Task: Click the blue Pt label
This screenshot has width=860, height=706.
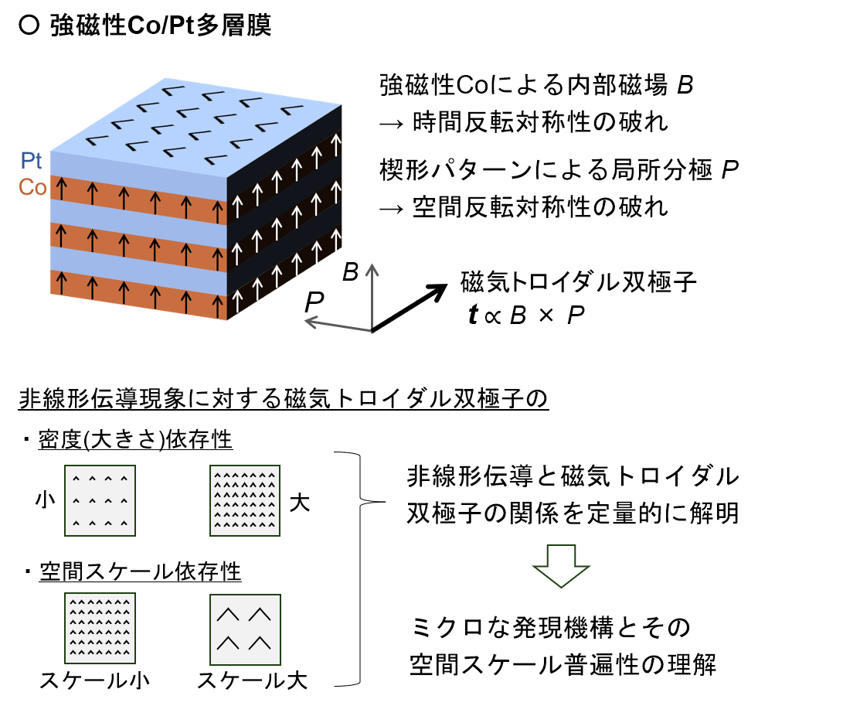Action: [32, 161]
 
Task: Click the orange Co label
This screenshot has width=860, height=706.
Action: [32, 187]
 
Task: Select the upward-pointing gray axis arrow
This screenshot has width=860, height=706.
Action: [372, 298]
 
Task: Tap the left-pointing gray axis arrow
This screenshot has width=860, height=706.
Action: [338, 325]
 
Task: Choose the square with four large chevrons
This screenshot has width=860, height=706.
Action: [245, 629]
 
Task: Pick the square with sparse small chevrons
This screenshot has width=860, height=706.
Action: [100, 500]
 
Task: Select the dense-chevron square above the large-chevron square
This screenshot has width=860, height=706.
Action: [245, 500]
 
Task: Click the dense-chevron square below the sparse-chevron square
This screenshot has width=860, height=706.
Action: [100, 628]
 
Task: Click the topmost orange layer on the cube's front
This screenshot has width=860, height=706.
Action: [139, 200]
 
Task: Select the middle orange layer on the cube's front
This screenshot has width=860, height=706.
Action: [139, 247]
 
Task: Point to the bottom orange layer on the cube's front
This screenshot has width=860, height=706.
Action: [139, 294]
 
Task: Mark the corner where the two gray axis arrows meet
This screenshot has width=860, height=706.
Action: [372, 331]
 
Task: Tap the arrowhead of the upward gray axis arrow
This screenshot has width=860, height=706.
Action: [372, 268]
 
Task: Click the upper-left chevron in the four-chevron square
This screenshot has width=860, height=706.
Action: [227, 615]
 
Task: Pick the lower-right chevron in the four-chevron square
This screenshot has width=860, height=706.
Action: [260, 643]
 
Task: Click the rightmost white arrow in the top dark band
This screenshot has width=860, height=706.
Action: [335, 145]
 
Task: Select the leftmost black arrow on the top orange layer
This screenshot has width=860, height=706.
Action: [61, 188]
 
